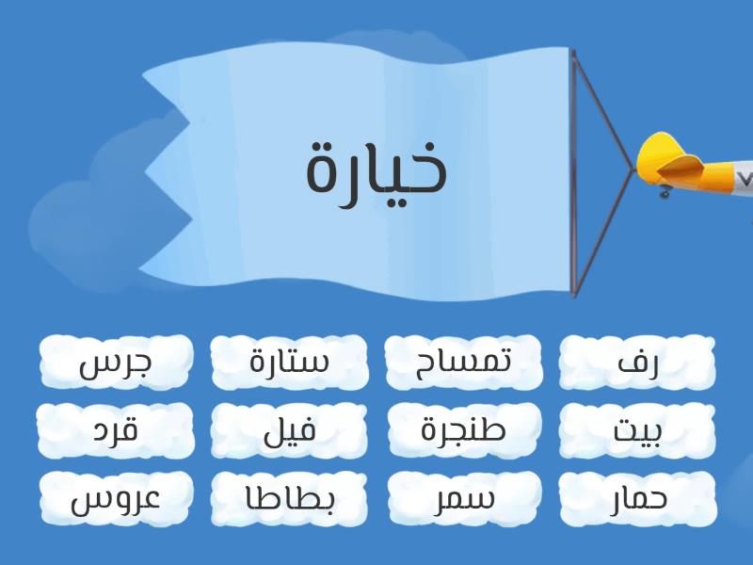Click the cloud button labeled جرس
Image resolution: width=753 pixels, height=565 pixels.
pyautogui.click(x=116, y=363)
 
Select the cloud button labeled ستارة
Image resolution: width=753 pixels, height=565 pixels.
pyautogui.click(x=290, y=363)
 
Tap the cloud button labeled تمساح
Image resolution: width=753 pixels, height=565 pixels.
pyautogui.click(x=463, y=363)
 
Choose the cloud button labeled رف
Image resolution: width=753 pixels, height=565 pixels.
pyautogui.click(x=637, y=363)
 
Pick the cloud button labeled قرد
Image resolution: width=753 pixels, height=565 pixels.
pyautogui.click(x=116, y=430)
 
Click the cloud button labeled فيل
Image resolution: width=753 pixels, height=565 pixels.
pyautogui.click(x=290, y=430)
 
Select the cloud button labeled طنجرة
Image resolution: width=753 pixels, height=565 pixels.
pyautogui.click(x=463, y=430)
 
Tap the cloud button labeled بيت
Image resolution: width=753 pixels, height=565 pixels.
pyautogui.click(x=637, y=430)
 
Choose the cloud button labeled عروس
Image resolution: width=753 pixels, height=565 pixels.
pyautogui.click(x=116, y=499)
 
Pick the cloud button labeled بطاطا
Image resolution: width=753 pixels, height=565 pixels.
pyautogui.click(x=290, y=499)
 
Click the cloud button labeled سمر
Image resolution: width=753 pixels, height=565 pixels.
pyautogui.click(x=463, y=499)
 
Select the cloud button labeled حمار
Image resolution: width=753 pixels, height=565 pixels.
pyautogui.click(x=637, y=499)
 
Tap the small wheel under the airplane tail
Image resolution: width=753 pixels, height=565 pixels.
pyautogui.click(x=665, y=193)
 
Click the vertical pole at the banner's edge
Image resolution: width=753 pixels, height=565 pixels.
pyautogui.click(x=573, y=173)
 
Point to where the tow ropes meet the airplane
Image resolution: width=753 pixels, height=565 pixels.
pyautogui.click(x=633, y=169)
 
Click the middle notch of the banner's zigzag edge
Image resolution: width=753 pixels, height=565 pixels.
pyautogui.click(x=146, y=169)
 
